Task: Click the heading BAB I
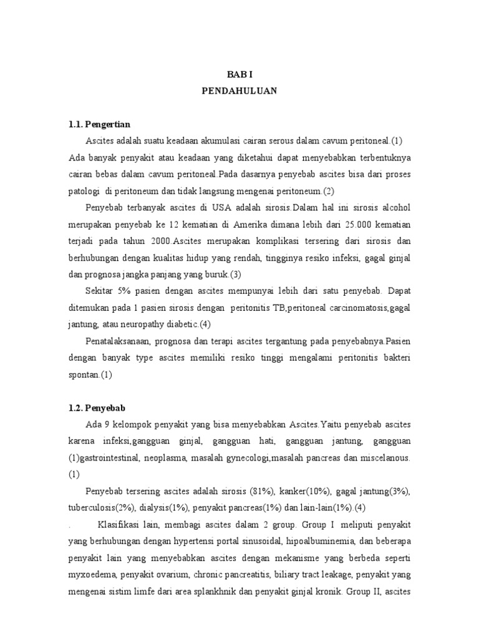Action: tap(239, 72)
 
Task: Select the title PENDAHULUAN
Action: tap(239, 90)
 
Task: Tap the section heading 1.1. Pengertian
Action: tap(99, 124)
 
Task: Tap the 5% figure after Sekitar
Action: tap(121, 291)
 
